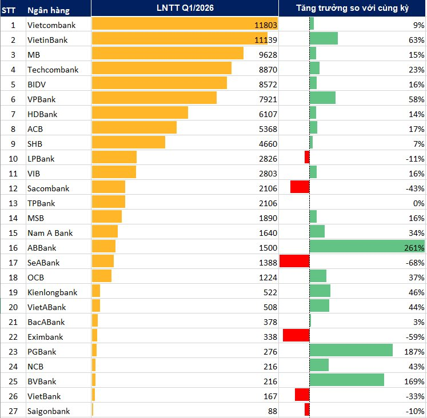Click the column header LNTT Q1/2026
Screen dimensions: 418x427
tap(184, 8)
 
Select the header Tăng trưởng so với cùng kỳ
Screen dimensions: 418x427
tap(353, 8)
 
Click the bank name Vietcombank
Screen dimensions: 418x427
tap(51, 25)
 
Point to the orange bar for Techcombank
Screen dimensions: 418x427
tap(161, 70)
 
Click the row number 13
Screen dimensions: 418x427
tap(13, 203)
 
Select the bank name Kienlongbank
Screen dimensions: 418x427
tap(53, 292)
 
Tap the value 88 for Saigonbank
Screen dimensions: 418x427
tap(271, 411)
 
